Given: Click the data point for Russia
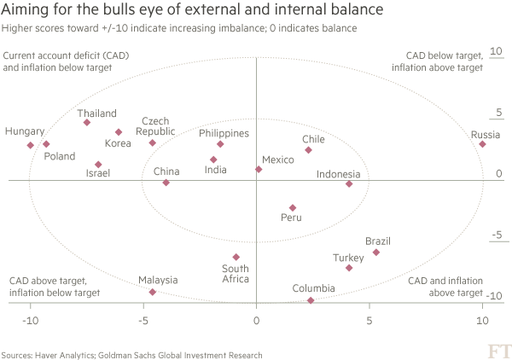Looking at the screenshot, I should pos(483,144).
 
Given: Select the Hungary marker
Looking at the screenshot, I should pos(31,145).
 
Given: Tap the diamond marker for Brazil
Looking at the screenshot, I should pos(376,253).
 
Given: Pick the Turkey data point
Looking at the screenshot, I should pos(349,268).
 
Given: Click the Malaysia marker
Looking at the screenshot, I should pos(153,292).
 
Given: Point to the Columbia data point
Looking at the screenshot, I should pos(311,300).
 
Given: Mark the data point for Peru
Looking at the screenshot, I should pos(293,207).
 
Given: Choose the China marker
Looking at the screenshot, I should pos(166,183).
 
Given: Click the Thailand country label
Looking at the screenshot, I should pos(96,113).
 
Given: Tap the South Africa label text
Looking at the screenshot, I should pos(235,274).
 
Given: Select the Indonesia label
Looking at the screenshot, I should pos(339,174).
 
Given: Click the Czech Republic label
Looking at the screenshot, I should pos(156,126).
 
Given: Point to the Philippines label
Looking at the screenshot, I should pos(224,133).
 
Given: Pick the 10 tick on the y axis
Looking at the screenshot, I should pos(494,51).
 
